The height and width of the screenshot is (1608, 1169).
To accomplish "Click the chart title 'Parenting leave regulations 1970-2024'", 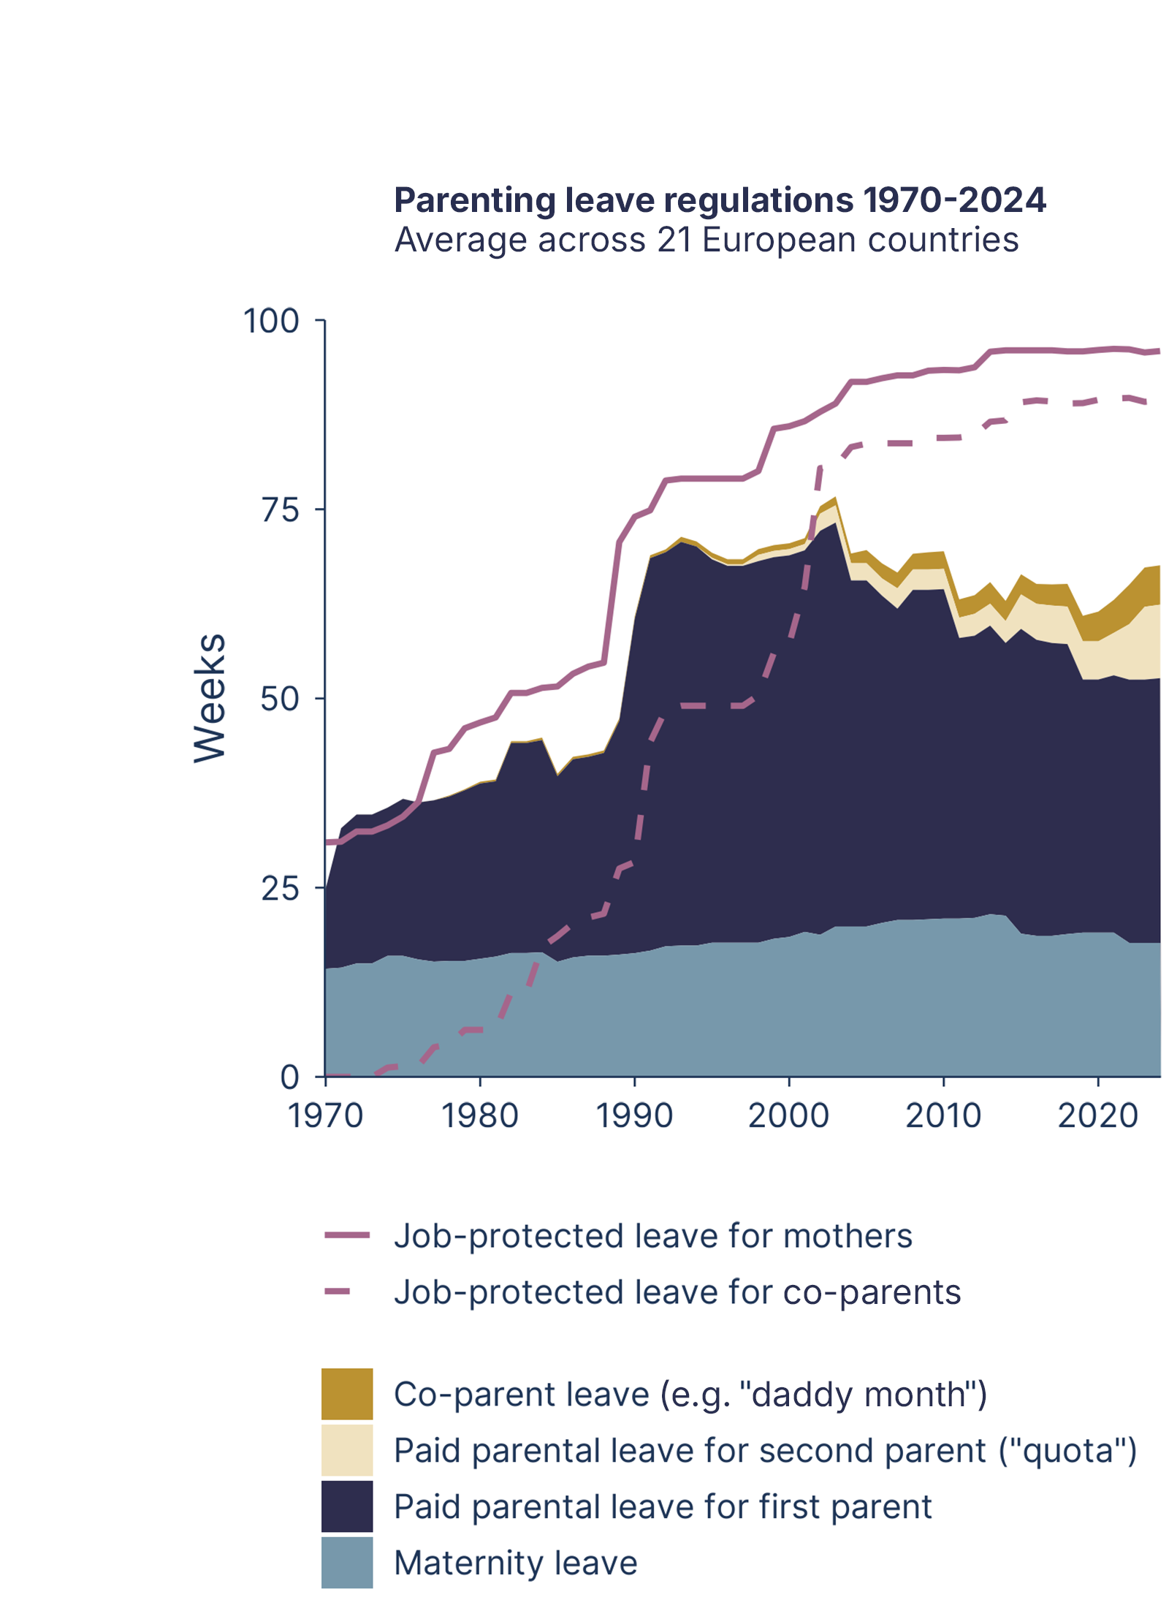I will pos(719,200).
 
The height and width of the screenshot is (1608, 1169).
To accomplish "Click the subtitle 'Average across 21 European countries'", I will pos(706,240).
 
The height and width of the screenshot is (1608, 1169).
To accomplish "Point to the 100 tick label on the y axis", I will pos(271,322).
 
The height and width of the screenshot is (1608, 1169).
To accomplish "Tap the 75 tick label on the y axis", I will pos(281,510).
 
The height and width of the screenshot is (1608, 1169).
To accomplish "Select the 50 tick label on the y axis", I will pos(281,699).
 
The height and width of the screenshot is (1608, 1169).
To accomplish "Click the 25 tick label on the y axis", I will pos(281,889).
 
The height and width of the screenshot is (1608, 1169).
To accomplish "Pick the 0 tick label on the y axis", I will pos(290,1077).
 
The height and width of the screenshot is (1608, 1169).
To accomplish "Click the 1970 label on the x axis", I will pos(325,1116).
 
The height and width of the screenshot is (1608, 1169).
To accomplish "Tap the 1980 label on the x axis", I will pos(480,1116).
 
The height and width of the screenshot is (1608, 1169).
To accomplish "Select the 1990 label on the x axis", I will pos(634,1116).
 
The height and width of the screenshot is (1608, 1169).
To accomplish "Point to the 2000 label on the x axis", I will pos(789,1116).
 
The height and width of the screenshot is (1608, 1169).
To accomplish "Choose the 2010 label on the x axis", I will pos(943,1116).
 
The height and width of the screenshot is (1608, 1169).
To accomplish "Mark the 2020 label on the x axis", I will pos(1098,1116).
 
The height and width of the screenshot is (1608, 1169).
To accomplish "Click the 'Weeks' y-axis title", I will pos(210,698).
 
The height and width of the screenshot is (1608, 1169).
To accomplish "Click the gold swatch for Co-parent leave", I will pos(347,1394).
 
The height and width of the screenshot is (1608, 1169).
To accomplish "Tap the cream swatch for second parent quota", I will pos(347,1450).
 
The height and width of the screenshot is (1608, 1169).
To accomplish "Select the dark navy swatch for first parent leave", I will pos(347,1506).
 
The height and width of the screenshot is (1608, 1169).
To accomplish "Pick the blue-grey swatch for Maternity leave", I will pos(347,1563).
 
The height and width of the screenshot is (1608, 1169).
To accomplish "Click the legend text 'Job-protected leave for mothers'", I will pos(652,1236).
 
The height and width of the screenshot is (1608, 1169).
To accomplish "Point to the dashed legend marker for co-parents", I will pos(338,1292).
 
